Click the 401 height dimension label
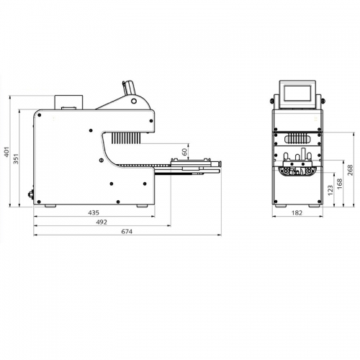pyautogui.click(x=6, y=152)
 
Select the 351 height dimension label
pyautogui.click(x=16, y=158)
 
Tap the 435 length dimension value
pyautogui.click(x=94, y=212)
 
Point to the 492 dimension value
pyautogui.click(x=102, y=222)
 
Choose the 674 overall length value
pyautogui.click(x=127, y=232)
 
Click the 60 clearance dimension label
pyautogui.click(x=184, y=152)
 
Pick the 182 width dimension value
pyautogui.click(x=297, y=213)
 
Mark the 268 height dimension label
pyautogui.click(x=351, y=170)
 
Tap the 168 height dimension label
pyautogui.click(x=340, y=184)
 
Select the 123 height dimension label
pyautogui.click(x=330, y=190)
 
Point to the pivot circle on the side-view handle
pyautogui.click(x=134, y=101)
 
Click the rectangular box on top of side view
pyautogui.click(x=68, y=102)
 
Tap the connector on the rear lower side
pyautogui.click(x=31, y=194)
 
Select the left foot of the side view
pyautogui.click(x=50, y=206)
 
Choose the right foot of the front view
pyautogui.click(x=314, y=206)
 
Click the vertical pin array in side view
pyautogui.click(x=126, y=138)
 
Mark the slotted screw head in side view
pyautogui.click(x=101, y=160)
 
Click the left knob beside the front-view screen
pyautogui.click(x=272, y=101)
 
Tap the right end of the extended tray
pyautogui.click(x=220, y=164)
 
